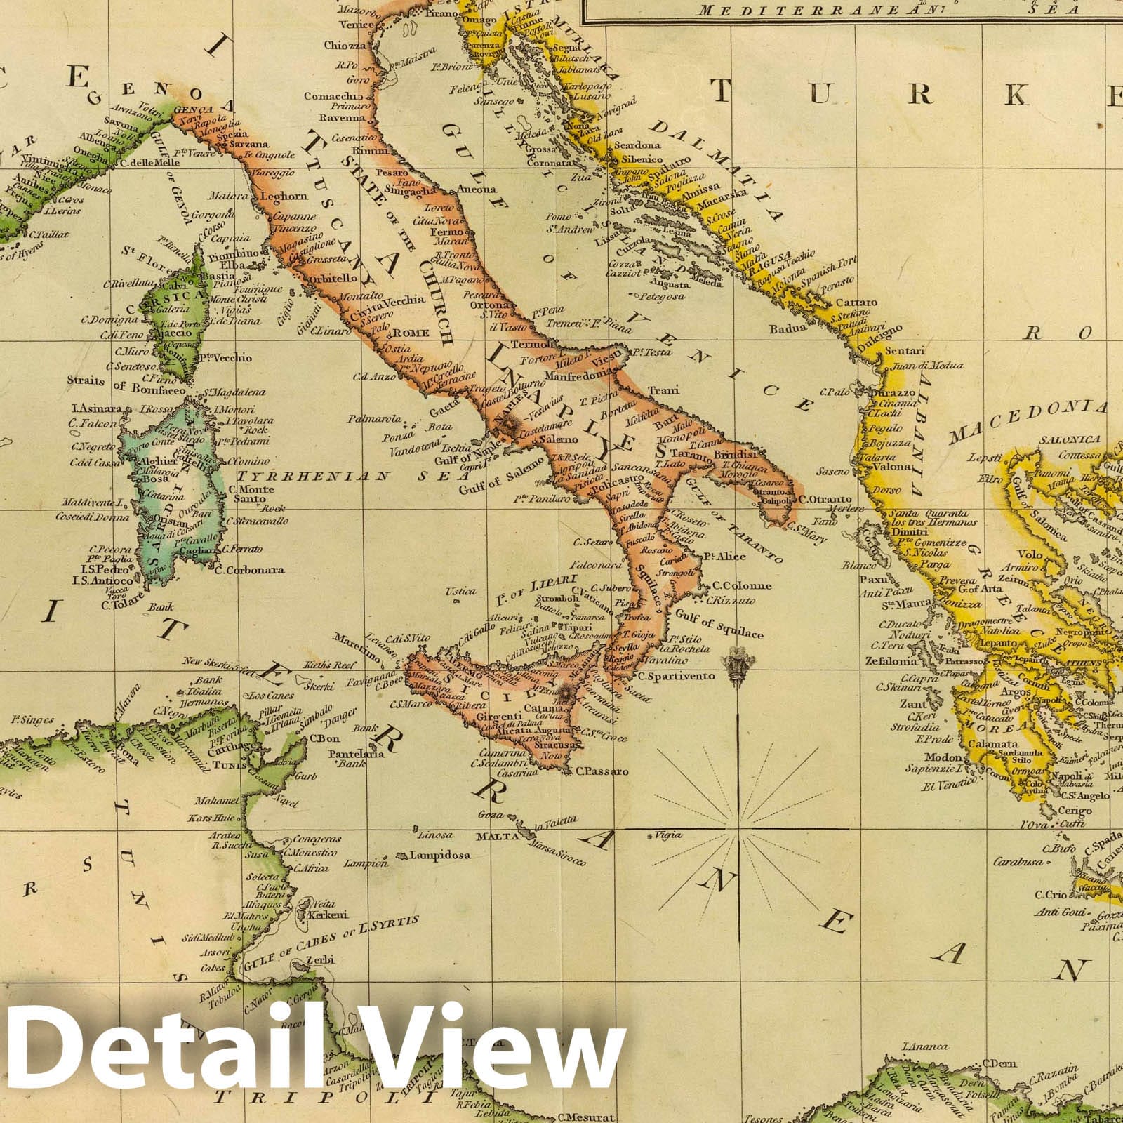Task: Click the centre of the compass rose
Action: click(x=739, y=829)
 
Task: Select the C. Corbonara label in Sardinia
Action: click(x=251, y=570)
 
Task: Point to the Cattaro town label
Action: click(x=857, y=303)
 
